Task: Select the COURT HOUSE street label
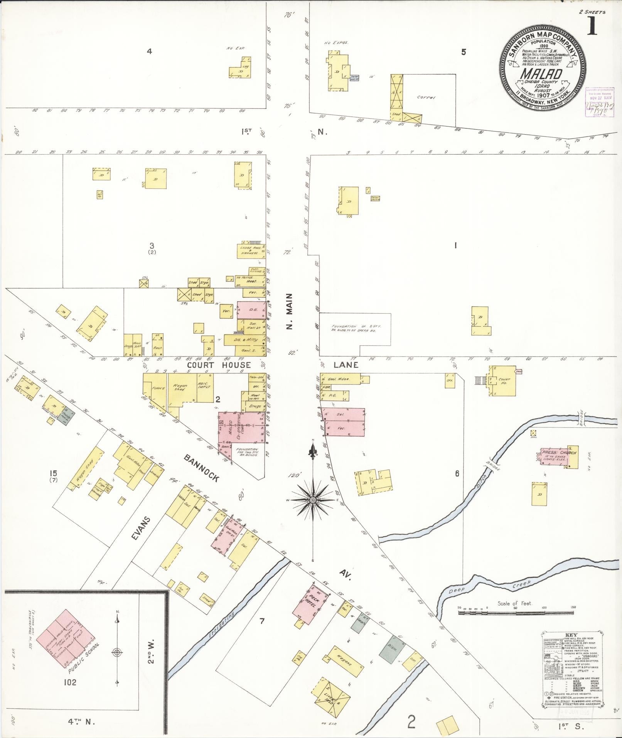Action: tap(219, 365)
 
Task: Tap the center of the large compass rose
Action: tap(313, 500)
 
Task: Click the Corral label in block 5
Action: tap(426, 98)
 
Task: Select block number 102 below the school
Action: tap(70, 682)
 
